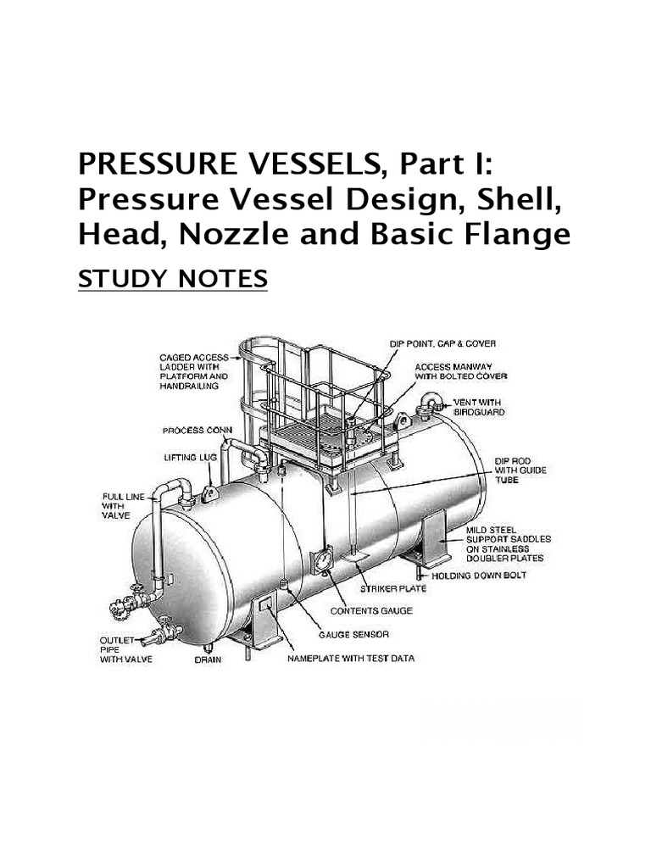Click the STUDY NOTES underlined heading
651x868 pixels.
coord(172,278)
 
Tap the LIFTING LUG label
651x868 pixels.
coord(185,457)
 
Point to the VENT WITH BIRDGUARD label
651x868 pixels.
coord(476,407)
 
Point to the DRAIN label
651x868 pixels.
coord(208,659)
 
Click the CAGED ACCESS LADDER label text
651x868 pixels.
coord(194,371)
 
